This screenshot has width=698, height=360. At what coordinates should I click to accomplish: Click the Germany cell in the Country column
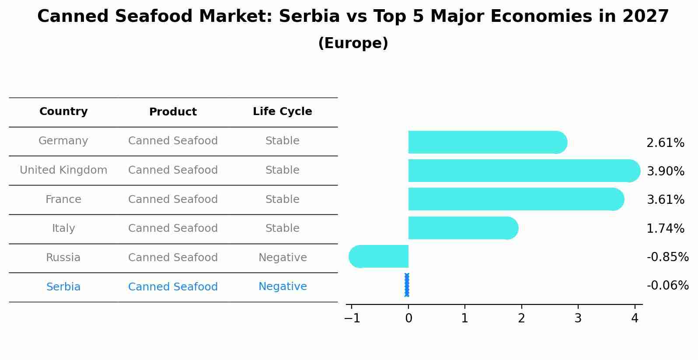tap(63, 141)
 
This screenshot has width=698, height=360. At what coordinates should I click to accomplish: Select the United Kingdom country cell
tap(63, 170)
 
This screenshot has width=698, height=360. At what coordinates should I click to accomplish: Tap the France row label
tap(63, 199)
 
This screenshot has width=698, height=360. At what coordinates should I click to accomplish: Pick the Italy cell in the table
tap(63, 228)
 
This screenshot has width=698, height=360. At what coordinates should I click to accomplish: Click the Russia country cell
tap(63, 258)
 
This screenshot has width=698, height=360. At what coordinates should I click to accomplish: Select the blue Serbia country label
tap(63, 287)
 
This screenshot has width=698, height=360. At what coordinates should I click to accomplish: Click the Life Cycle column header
tap(283, 112)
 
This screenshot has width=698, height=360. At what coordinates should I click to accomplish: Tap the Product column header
tap(173, 112)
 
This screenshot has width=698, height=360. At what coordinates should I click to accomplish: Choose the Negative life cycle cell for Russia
tap(283, 258)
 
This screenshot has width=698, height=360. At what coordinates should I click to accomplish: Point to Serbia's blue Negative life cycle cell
tap(283, 287)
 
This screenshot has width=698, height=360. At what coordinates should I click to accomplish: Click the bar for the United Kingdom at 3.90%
tap(520, 171)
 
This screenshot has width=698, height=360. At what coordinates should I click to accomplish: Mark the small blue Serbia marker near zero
tap(407, 285)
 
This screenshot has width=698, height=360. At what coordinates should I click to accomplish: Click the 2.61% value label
tap(665, 143)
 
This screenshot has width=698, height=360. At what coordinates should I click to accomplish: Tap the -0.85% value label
tap(667, 257)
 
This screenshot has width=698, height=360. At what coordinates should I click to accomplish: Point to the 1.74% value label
tap(665, 228)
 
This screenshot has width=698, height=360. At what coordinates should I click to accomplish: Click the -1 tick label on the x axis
tap(352, 318)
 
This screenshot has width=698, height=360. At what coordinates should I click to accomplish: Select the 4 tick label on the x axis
tap(635, 318)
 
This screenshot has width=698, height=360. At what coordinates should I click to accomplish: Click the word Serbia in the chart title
tap(309, 17)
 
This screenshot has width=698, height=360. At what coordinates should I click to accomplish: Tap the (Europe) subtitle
tap(353, 43)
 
